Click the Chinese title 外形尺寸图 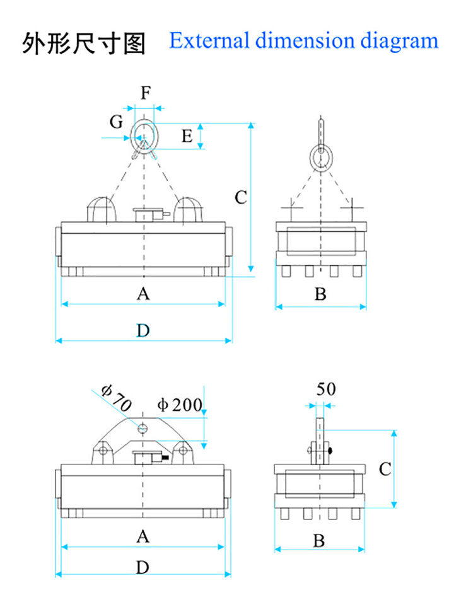tap(84, 43)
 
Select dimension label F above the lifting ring tap(146, 93)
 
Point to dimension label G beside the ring tap(116, 122)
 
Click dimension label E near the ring tap(187, 136)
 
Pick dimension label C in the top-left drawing tap(240, 197)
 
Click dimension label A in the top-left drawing tap(144, 294)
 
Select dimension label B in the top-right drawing tap(320, 294)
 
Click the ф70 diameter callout tap(115, 398)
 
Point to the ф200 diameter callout tap(180, 405)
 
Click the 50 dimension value tap(325, 389)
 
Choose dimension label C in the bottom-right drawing tap(385, 469)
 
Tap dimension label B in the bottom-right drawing tap(319, 540)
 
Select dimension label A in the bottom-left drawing tap(143, 536)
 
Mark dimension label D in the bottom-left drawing tap(143, 567)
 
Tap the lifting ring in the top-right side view tap(322, 157)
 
